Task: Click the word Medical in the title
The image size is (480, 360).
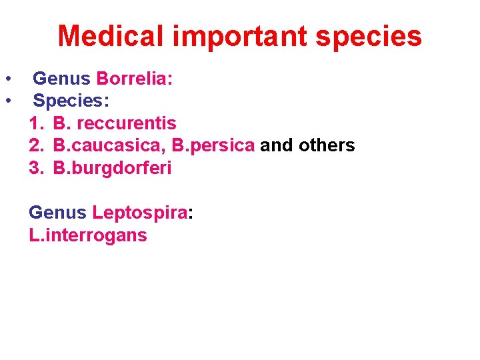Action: pyautogui.click(x=111, y=36)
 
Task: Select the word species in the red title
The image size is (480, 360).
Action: pyautogui.click(x=369, y=36)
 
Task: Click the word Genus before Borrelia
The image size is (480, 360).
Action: pyautogui.click(x=61, y=79)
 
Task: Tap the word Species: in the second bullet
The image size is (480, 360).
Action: pyautogui.click(x=71, y=101)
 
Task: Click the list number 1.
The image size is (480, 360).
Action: pyautogui.click(x=35, y=123)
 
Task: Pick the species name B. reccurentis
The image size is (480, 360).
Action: pyautogui.click(x=115, y=123)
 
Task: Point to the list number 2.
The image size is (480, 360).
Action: pyautogui.click(x=35, y=145)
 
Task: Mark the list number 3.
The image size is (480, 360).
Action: pyautogui.click(x=35, y=167)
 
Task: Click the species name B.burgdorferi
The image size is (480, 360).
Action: pyautogui.click(x=112, y=167)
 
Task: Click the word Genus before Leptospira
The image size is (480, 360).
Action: pyautogui.click(x=57, y=213)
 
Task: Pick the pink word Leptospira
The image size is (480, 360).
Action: pyautogui.click(x=140, y=213)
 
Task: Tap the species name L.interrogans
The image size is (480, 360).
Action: pyautogui.click(x=88, y=235)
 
